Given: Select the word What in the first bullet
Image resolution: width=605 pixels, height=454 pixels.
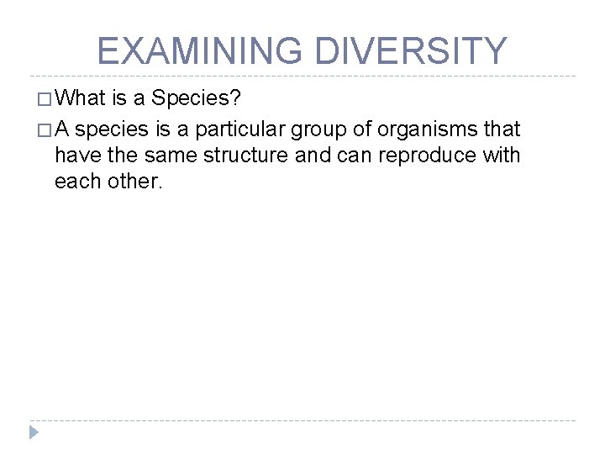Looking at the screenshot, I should coord(84,99).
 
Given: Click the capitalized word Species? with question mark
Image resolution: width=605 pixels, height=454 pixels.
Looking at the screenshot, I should coord(198,99).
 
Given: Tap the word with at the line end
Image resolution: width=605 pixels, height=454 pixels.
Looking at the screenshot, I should coord(502,155).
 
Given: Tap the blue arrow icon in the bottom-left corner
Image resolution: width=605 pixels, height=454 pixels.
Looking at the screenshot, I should coord(34,432).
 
